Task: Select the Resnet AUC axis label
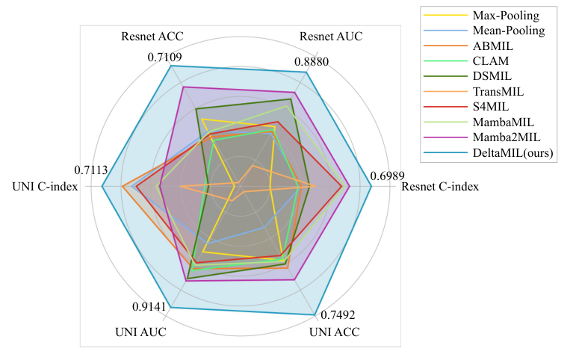[330, 36]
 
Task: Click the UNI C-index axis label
[46, 186]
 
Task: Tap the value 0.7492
[337, 314]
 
